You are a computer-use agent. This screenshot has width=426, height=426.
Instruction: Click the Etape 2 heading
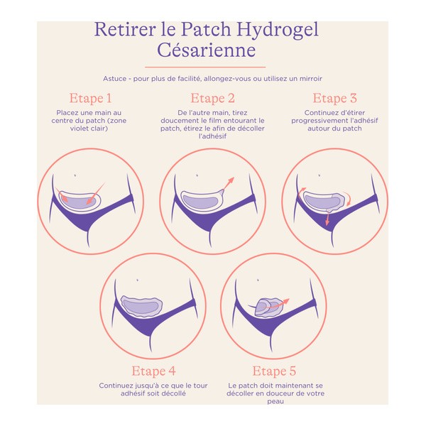[212, 98]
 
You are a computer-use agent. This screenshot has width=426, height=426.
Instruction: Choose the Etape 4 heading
[153, 371]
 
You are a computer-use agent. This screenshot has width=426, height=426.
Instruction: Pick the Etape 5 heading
[274, 371]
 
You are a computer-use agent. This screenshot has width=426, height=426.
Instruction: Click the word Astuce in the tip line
[115, 77]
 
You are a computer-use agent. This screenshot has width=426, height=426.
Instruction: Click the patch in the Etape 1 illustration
[80, 201]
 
